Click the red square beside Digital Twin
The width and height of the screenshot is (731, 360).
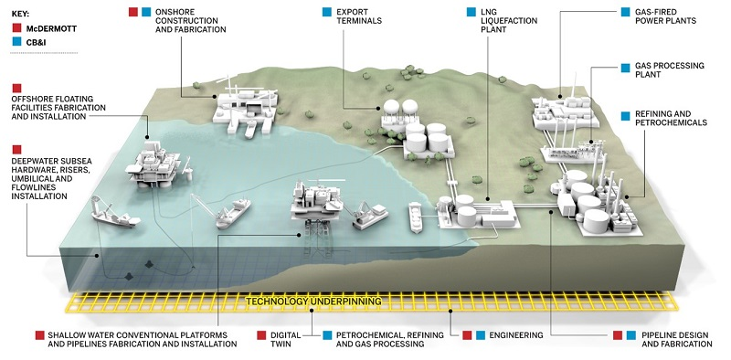[x=261, y=335]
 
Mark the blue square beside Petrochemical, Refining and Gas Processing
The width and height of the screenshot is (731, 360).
[x=327, y=335]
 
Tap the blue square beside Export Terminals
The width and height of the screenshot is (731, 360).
[x=327, y=13]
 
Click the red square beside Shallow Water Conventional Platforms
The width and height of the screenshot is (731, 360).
[x=38, y=335]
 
